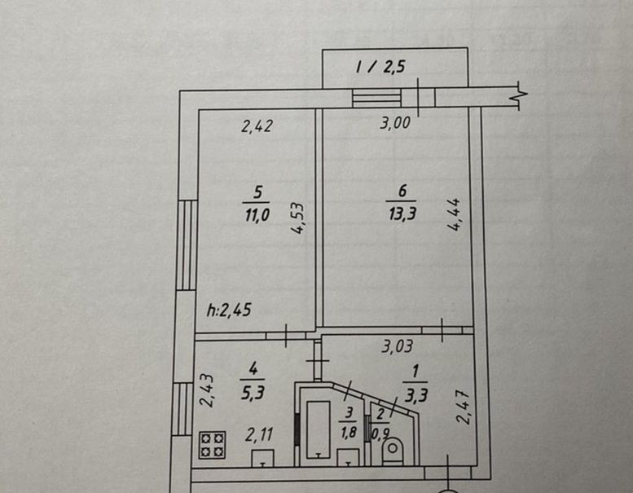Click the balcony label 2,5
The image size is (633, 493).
(393, 67)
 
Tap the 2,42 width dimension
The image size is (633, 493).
(257, 126)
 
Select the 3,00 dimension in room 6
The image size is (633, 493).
(395, 123)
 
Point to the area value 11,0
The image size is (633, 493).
(257, 215)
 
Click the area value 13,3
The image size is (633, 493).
(402, 213)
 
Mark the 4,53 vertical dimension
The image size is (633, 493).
(298, 218)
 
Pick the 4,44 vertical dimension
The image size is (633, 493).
(454, 214)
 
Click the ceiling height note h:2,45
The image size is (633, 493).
(229, 310)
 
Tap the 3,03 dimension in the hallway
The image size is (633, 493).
(398, 346)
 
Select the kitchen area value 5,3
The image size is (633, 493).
(253, 393)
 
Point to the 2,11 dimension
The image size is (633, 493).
(259, 435)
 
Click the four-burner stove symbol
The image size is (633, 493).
(212, 445)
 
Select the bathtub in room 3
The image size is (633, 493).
(319, 429)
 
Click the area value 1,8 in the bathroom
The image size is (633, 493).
(349, 433)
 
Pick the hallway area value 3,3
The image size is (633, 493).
(415, 396)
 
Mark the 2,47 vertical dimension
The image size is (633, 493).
(464, 407)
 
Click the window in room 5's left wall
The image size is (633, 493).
(187, 245)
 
